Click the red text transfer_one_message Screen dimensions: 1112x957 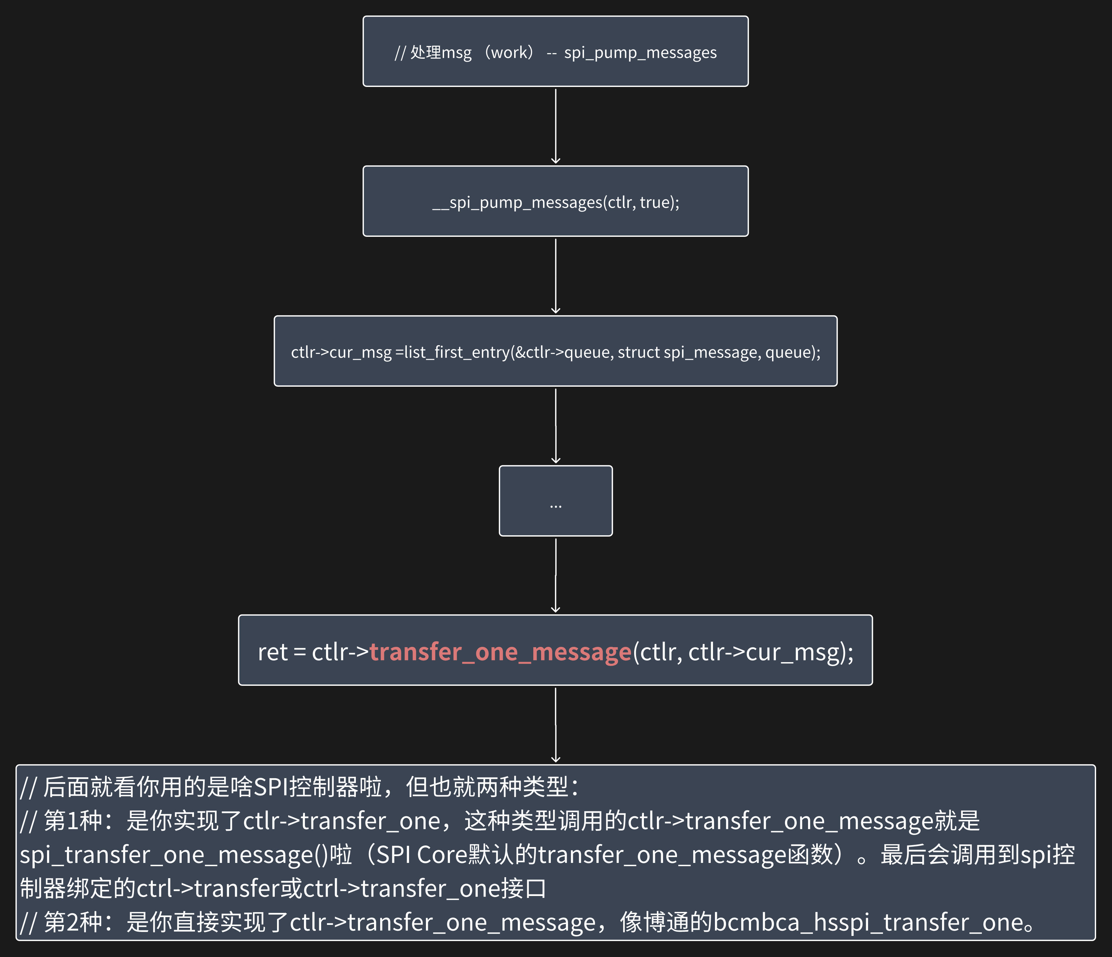500,652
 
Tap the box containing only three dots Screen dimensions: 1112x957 555,501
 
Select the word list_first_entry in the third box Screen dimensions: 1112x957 456,352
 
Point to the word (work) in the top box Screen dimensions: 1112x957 509,53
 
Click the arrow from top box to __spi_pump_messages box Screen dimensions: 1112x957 555,126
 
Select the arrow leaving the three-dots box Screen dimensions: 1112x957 555,575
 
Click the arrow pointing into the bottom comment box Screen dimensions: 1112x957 555,725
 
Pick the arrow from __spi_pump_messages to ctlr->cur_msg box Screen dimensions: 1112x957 555,276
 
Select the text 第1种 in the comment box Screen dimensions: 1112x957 73,821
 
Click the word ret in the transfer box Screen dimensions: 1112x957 272,652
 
